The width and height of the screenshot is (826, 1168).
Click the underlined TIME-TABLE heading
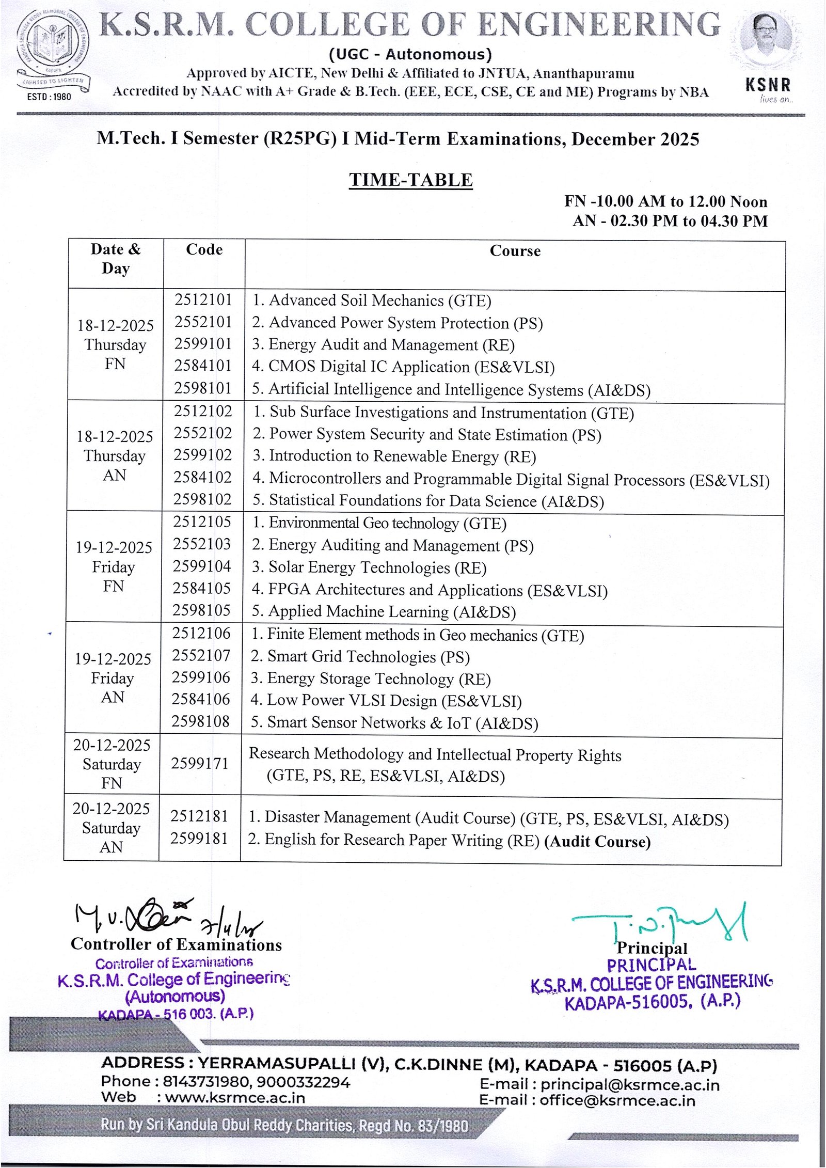[x=410, y=180]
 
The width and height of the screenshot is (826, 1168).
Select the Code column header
[x=204, y=249]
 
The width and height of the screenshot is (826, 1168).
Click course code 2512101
[x=203, y=300]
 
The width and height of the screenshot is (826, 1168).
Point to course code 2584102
[x=203, y=477]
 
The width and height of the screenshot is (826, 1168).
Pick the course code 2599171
[x=200, y=763]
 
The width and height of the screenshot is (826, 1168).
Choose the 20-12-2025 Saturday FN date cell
[x=112, y=764]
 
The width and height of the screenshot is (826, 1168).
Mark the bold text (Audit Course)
[x=597, y=842]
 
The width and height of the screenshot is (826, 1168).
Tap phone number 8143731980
[x=207, y=1082]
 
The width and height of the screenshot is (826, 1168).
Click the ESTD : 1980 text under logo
[x=49, y=97]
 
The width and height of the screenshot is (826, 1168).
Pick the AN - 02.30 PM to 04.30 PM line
[x=670, y=221]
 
